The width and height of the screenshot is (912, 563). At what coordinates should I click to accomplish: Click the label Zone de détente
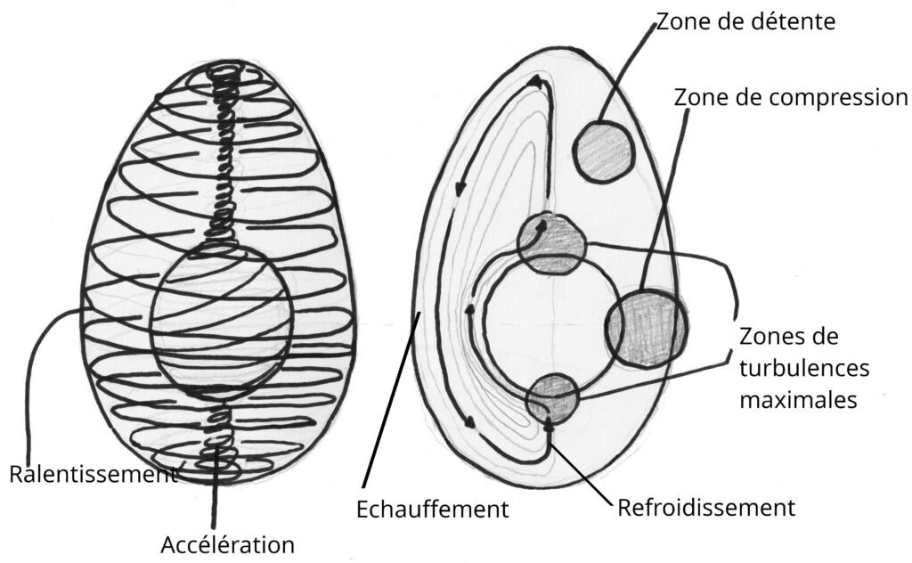coord(745,20)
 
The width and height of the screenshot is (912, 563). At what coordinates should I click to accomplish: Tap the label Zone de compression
coord(791,96)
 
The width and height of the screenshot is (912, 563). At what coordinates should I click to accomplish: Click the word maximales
coord(798,399)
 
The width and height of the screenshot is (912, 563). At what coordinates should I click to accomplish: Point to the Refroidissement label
coord(705,509)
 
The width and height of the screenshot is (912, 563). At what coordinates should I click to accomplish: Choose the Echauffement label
coord(432,510)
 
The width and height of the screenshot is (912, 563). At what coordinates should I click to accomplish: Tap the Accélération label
coord(228,543)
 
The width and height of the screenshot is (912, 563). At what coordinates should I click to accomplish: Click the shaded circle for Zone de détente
coord(603,152)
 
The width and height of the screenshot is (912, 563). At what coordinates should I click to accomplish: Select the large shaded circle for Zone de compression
coord(647,327)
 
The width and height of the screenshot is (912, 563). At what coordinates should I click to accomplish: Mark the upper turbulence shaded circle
coord(552,242)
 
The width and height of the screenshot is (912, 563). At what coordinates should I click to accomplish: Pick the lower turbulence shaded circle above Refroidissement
coord(552,398)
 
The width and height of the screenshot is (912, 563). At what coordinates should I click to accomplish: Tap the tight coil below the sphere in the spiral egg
coord(216,435)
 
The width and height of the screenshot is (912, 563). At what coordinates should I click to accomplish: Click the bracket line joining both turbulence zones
coord(736,303)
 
